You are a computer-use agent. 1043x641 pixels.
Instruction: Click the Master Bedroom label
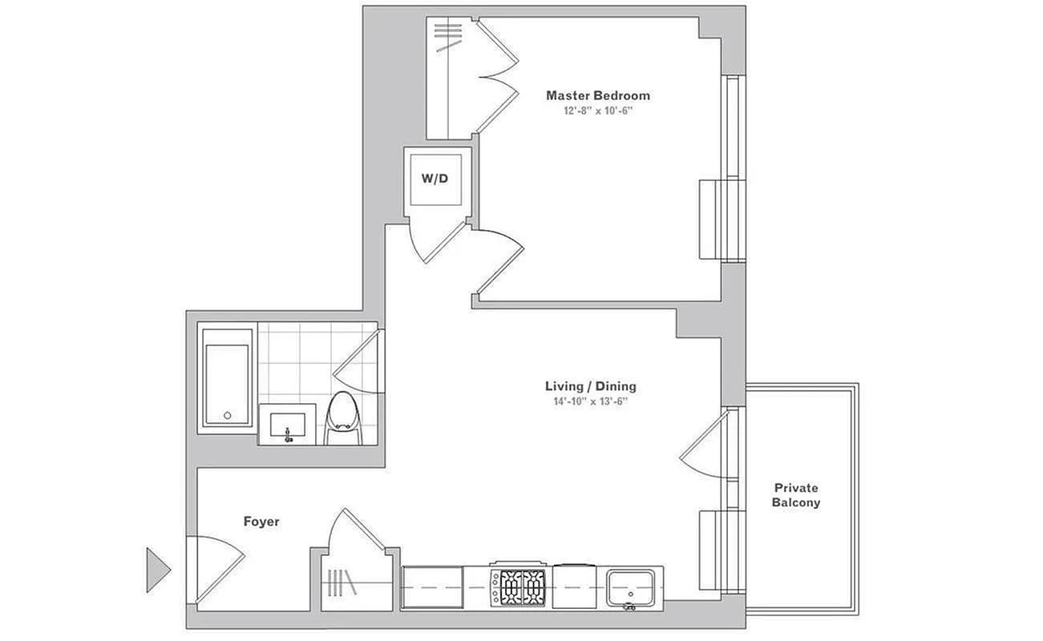(x=598, y=95)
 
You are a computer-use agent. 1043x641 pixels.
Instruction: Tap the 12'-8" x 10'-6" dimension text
(x=598, y=111)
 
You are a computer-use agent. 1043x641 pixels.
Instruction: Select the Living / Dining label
(x=590, y=386)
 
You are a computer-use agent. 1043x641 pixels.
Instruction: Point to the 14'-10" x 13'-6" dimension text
(x=590, y=401)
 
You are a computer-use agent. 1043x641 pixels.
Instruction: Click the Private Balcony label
(x=796, y=495)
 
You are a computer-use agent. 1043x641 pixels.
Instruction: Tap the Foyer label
(x=261, y=522)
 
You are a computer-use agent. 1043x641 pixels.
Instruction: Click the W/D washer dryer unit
(x=435, y=179)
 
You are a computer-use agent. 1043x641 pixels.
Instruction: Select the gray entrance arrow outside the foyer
(x=158, y=570)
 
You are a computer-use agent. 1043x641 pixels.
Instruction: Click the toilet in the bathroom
(x=344, y=418)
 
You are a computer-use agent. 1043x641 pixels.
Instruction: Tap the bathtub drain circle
(x=227, y=415)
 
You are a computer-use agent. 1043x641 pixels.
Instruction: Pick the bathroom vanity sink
(x=287, y=425)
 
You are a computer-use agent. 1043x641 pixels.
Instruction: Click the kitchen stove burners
(x=517, y=587)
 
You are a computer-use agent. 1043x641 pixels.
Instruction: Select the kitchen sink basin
(x=630, y=588)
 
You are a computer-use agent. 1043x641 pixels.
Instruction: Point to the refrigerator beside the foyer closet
(x=433, y=587)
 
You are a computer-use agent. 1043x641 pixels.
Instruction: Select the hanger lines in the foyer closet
(x=342, y=583)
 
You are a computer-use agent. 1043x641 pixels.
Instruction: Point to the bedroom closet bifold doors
(x=497, y=76)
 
